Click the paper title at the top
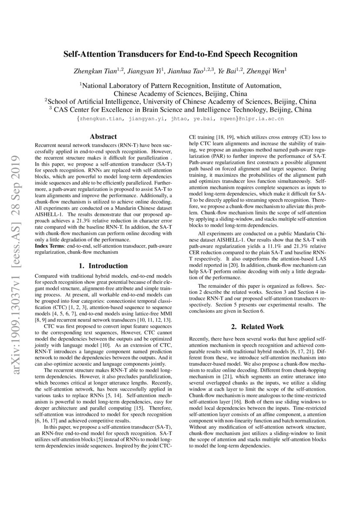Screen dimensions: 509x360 (180, 54)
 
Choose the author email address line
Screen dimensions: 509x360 (180, 118)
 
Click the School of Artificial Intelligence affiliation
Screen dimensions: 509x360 (180, 101)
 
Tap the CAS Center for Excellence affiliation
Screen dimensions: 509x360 (180, 109)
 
